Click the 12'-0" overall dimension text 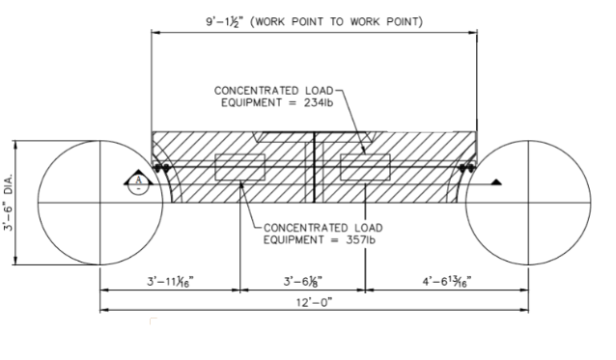(x=315, y=303)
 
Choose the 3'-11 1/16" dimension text (x=170, y=281)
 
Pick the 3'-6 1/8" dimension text (x=301, y=281)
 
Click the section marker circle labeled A (x=139, y=181)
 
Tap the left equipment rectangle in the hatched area (x=239, y=167)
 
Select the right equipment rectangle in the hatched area (x=365, y=167)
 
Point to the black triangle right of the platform (x=495, y=181)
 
